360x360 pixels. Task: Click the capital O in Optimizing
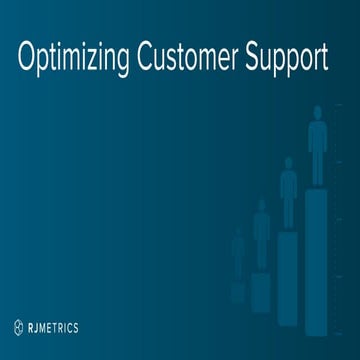(x=28, y=58)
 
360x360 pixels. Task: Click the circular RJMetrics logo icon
(x=19, y=327)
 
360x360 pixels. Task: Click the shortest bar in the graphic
(x=238, y=291)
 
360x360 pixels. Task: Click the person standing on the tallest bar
(x=316, y=145)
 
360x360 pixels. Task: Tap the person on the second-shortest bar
(x=262, y=232)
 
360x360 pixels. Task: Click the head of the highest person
(x=316, y=112)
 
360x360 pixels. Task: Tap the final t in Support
(x=324, y=58)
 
